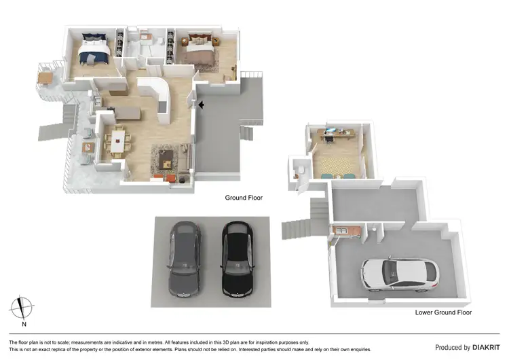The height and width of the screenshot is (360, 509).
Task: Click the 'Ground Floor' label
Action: coord(244,198)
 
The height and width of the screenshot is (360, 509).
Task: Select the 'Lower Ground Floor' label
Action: coord(443,312)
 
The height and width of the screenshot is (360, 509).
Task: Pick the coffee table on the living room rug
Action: coord(165,160)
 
